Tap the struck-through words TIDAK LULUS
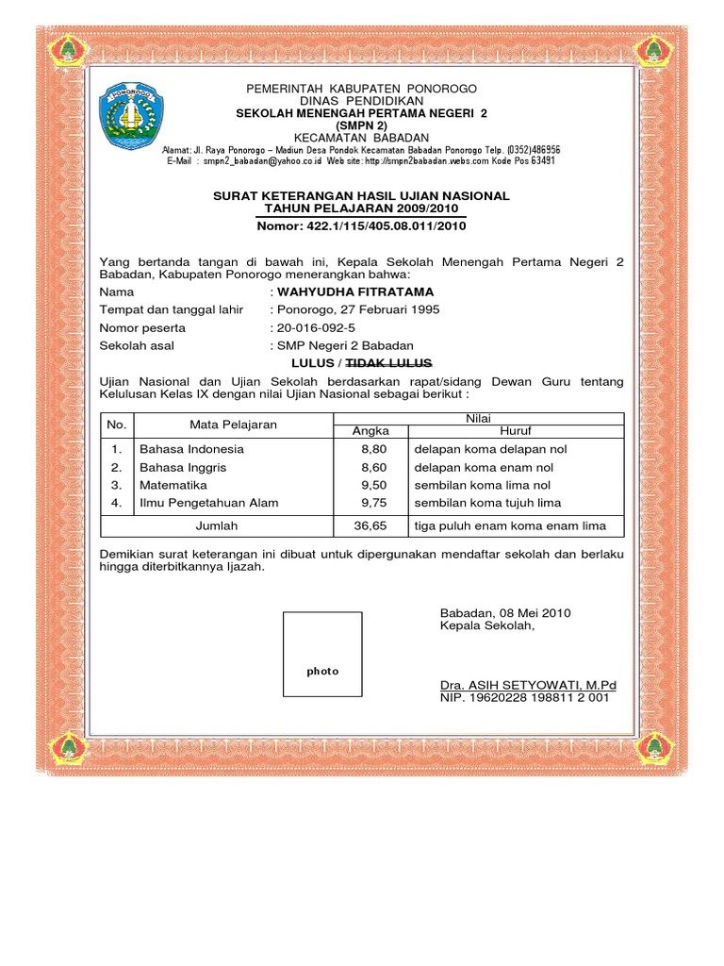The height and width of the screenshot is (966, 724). click(389, 363)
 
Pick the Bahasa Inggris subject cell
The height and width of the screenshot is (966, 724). click(183, 467)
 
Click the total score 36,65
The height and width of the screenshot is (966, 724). click(370, 525)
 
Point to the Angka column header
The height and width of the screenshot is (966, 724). click(370, 431)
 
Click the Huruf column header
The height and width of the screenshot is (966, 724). click(515, 431)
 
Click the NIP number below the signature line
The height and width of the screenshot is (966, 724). click(525, 698)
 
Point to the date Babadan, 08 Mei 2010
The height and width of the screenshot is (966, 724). click(505, 613)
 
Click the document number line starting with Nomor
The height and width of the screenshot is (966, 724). click(361, 226)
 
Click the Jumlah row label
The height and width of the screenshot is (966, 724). click(216, 525)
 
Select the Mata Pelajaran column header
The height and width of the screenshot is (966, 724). click(233, 425)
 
